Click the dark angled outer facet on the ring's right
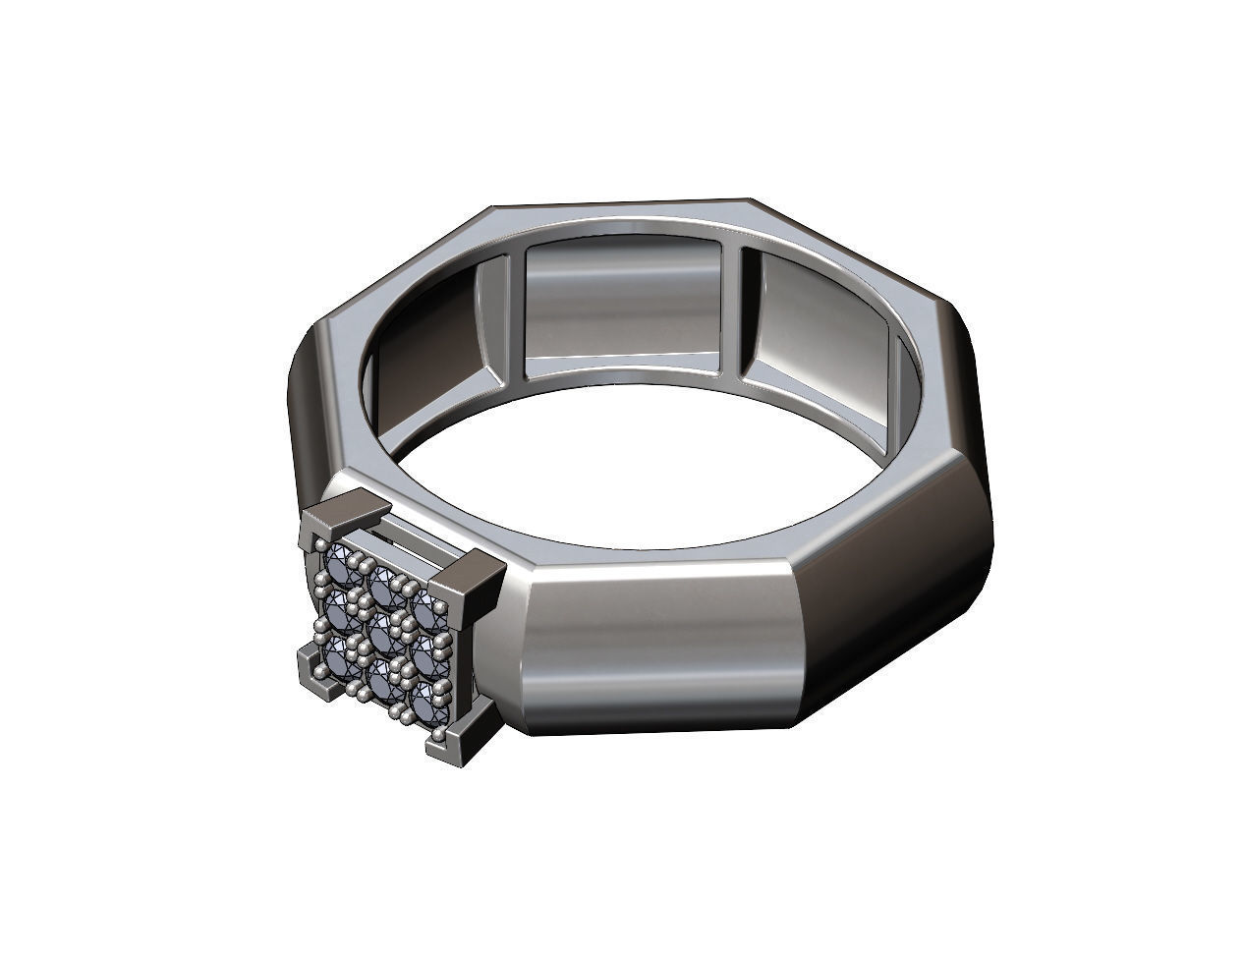coord(914,550)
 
